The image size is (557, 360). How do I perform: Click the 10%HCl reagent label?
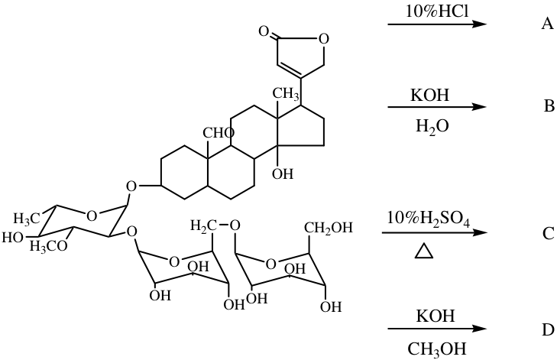437,11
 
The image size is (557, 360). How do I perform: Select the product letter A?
547,24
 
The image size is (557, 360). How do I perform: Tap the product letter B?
549,106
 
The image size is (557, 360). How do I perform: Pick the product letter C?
549,233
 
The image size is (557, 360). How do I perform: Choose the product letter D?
548,329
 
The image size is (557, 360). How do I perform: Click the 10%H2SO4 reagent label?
429,219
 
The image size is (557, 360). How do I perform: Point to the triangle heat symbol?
424,251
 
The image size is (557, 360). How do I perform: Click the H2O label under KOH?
432,127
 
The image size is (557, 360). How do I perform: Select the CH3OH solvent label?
436,349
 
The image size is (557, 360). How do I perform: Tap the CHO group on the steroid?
219,133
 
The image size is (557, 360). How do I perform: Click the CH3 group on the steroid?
285,94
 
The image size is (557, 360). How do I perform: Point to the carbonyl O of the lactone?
264,31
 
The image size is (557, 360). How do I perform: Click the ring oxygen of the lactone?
324,38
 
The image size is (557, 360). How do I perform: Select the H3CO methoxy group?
49,245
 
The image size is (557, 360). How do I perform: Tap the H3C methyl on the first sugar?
26,218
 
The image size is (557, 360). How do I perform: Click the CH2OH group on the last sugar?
329,228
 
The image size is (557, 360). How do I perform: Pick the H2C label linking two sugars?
203,225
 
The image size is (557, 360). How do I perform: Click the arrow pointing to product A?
436,24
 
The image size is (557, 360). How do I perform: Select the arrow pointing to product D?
436,329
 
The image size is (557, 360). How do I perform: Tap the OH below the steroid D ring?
283,174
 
